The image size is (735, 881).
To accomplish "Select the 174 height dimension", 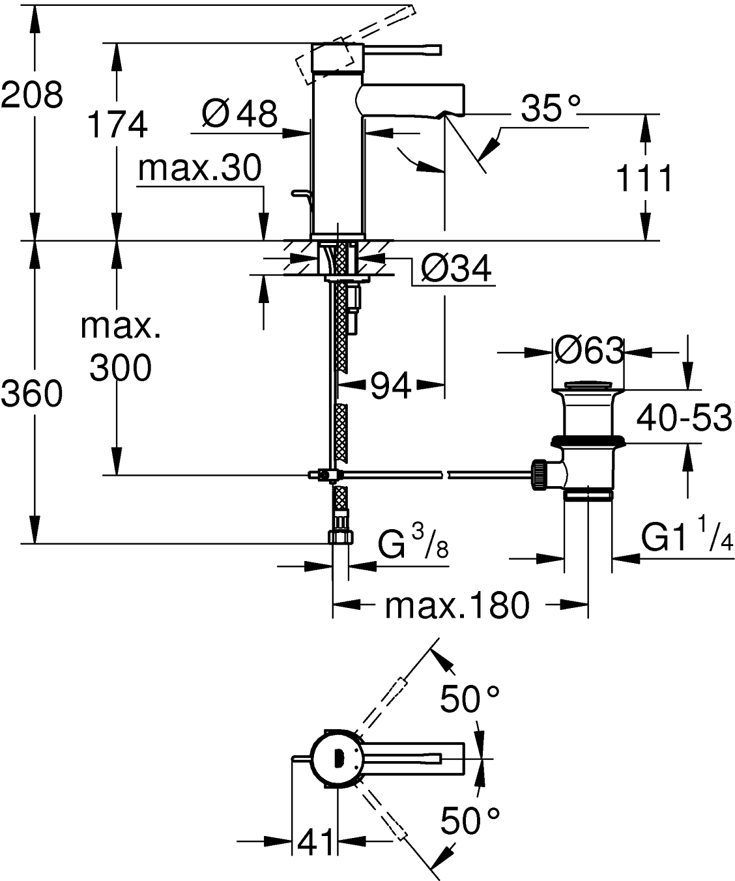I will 117,124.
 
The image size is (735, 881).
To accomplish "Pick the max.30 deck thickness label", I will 199,168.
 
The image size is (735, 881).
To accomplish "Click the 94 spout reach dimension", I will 391,387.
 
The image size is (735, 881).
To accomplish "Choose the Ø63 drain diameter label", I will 588,352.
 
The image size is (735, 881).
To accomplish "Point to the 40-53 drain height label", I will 684,418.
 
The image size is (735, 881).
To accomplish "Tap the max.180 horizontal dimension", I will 456,606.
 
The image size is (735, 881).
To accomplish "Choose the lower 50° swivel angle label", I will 470,820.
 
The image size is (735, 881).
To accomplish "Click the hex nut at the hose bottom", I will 340,536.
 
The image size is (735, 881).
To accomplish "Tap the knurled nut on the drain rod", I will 540,473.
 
